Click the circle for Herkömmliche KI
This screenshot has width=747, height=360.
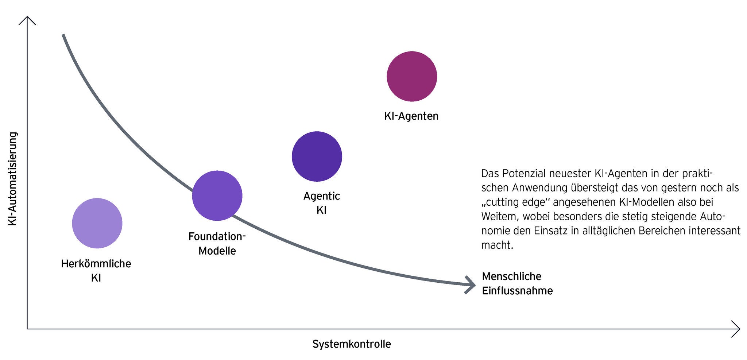pyautogui.click(x=97, y=223)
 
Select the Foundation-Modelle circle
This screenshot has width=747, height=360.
pyautogui.click(x=217, y=196)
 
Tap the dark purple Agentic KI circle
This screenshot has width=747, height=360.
pyautogui.click(x=317, y=156)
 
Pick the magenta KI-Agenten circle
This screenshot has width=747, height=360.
pyautogui.click(x=412, y=76)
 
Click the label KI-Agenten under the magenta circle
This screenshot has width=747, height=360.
pyautogui.click(x=411, y=116)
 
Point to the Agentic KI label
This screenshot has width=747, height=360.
pyautogui.click(x=321, y=203)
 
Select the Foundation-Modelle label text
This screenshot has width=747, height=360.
pyautogui.click(x=217, y=243)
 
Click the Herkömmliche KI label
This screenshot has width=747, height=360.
pyautogui.click(x=96, y=270)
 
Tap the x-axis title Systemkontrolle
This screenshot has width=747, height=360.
pyautogui.click(x=352, y=344)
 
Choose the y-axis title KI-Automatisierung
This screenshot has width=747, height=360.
pyautogui.click(x=13, y=179)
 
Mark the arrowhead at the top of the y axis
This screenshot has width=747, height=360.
pyautogui.click(x=27, y=20)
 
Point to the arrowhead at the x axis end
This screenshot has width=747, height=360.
pyautogui.click(x=736, y=329)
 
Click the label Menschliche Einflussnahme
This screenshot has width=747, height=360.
pyautogui.click(x=517, y=283)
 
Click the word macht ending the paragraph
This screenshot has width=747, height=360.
pyautogui.click(x=497, y=245)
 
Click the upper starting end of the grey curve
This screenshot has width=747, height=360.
pyautogui.click(x=64, y=36)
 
